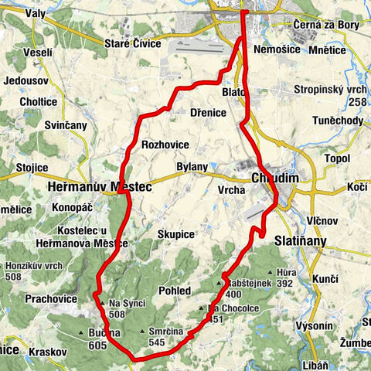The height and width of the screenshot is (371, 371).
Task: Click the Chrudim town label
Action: (x=275, y=179)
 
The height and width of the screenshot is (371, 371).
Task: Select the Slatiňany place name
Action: (x=301, y=241)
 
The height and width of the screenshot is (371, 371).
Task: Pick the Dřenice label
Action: (x=208, y=113)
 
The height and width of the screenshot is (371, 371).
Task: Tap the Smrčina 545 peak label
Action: (x=166, y=336)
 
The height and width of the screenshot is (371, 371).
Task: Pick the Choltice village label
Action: (x=39, y=101)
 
